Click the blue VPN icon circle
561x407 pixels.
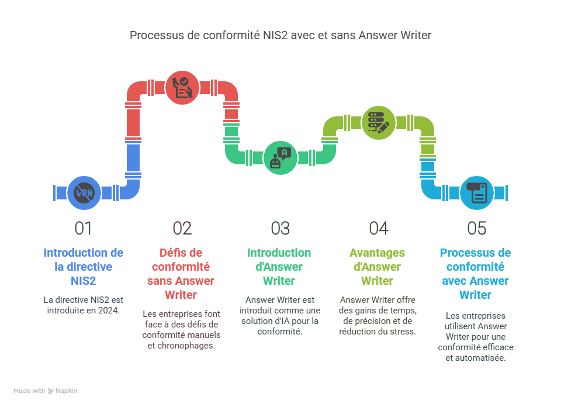click(x=84, y=192)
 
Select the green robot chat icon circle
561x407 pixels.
click(x=279, y=157)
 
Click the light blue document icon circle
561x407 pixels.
click(x=476, y=192)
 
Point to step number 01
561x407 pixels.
click(x=84, y=228)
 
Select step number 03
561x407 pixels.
click(x=280, y=228)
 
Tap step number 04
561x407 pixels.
click(x=378, y=228)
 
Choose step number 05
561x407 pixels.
click(x=476, y=228)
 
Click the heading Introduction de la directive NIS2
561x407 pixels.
click(x=84, y=267)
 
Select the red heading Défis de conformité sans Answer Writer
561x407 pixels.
click(x=181, y=274)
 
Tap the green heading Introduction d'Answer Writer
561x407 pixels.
click(x=279, y=267)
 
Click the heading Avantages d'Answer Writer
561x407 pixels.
click(x=377, y=267)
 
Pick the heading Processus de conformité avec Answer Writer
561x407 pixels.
click(x=475, y=274)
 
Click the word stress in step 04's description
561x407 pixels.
click(x=403, y=332)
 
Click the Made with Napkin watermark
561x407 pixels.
click(x=46, y=391)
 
